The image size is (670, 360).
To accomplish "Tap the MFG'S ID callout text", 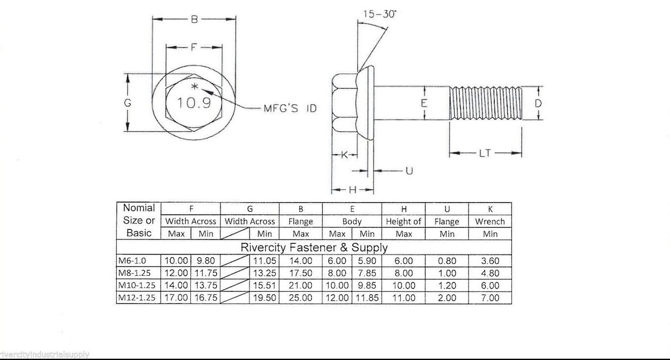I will pyautogui.click(x=290, y=108).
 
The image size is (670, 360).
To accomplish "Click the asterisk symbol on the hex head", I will pyautogui.click(x=194, y=87).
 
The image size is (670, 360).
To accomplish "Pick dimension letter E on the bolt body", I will pyautogui.click(x=424, y=103).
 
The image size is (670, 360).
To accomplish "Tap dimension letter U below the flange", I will pyautogui.click(x=409, y=170).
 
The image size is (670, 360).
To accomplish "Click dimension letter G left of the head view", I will pyautogui.click(x=128, y=103).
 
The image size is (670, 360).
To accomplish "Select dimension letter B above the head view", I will pyautogui.click(x=194, y=20).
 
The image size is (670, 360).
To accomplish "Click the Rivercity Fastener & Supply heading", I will pyautogui.click(x=314, y=247).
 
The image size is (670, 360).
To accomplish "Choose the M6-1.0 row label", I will pyautogui.click(x=132, y=261).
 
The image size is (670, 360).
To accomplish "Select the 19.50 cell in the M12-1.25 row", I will pyautogui.click(x=264, y=298).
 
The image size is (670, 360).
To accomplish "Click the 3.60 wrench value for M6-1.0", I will pyautogui.click(x=490, y=261).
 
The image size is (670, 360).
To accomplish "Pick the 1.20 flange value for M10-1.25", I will pyautogui.click(x=447, y=286).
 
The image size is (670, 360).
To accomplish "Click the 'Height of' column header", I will pyautogui.click(x=403, y=222).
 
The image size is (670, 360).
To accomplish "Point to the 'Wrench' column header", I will pyautogui.click(x=490, y=222).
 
